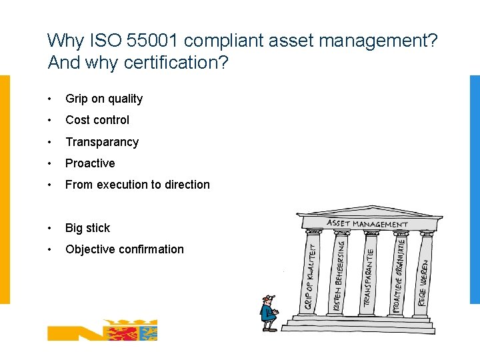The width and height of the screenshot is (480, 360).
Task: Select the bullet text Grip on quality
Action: pos(104,99)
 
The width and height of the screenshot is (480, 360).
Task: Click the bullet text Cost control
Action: pos(97,120)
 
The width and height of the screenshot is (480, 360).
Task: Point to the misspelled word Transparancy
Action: pos(102,142)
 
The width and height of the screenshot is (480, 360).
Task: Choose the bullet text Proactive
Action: pos(90,163)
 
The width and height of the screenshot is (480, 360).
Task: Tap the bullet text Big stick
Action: pos(88,228)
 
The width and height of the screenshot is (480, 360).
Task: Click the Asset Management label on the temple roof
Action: pos(367,224)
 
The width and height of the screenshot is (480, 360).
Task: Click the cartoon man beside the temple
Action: pos(268,313)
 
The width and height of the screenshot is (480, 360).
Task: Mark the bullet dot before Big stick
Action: pos(50,228)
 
